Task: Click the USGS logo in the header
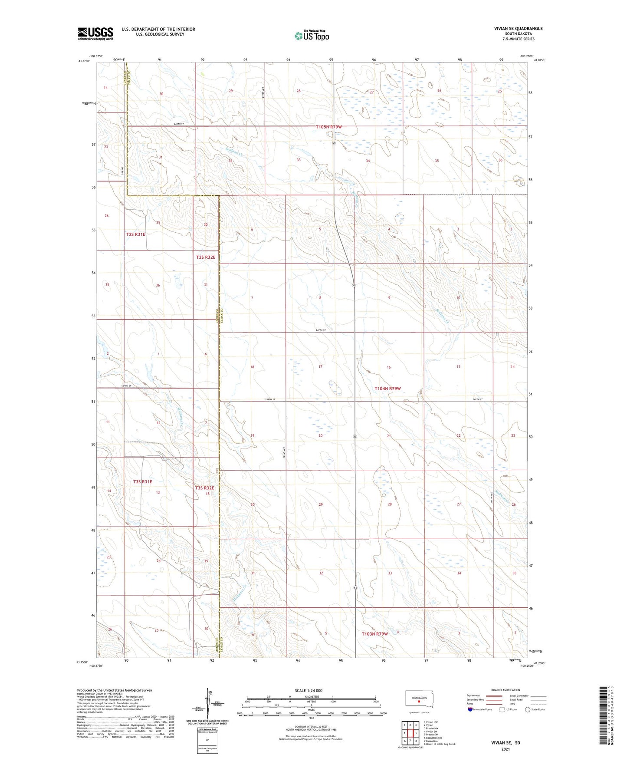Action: coord(95,33)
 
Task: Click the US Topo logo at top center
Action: coord(312,36)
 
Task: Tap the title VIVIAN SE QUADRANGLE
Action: coord(518,29)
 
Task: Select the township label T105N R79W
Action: coord(329,127)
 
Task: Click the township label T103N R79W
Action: coord(374,634)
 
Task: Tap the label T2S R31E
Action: coord(136,234)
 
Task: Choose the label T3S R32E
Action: coord(205,488)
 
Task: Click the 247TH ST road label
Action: coord(321,330)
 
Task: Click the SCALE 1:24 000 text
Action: coord(309,690)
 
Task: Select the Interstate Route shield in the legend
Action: coord(471,709)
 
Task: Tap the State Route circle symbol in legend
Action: coord(528,709)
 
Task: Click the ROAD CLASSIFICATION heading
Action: coord(506,690)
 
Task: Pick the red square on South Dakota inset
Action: coord(419,700)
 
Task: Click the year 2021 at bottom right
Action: coord(505,749)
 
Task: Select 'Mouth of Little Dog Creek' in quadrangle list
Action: coord(440,744)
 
